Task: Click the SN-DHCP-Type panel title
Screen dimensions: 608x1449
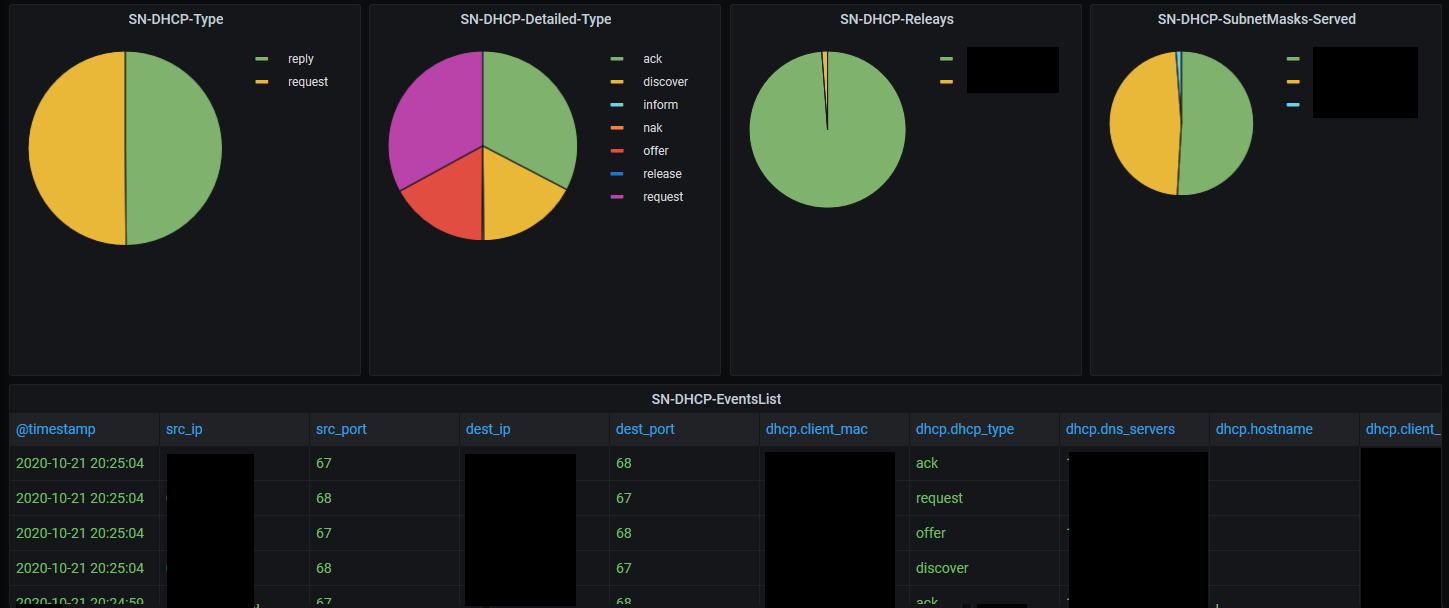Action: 175,19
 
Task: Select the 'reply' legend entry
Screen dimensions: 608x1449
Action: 300,59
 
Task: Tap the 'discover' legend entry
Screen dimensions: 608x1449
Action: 665,82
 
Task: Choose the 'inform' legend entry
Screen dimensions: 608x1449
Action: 660,105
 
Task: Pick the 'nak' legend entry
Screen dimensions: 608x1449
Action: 652,128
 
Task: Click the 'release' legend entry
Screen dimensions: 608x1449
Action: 662,174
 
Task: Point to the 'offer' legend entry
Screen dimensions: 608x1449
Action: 655,151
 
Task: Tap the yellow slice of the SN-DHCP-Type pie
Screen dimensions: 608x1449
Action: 75,148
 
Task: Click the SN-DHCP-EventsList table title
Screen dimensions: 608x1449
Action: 724,398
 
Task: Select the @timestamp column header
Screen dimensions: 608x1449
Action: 56,429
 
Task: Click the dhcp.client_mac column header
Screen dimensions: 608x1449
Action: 816,429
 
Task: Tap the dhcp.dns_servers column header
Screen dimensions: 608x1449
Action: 1120,429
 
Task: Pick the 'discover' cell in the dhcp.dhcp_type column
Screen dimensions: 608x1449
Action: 942,568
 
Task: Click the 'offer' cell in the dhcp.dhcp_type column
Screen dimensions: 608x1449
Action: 931,533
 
